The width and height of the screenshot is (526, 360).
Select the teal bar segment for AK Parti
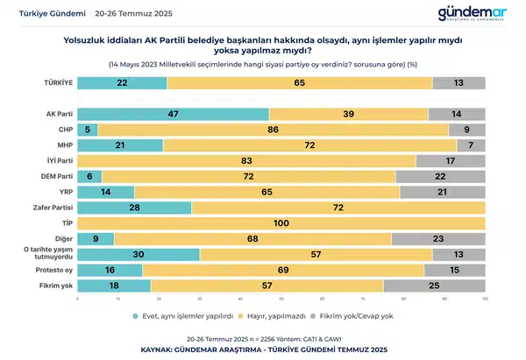[x=173, y=114]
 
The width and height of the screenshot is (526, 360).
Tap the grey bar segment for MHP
[x=471, y=145]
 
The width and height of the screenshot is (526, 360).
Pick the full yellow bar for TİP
[x=281, y=223]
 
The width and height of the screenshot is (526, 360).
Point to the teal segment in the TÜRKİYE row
[x=122, y=82]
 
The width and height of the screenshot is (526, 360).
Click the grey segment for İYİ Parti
[x=451, y=161]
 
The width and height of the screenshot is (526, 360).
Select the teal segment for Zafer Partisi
[x=134, y=208]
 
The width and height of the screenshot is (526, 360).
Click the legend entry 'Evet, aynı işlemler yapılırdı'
[x=184, y=315]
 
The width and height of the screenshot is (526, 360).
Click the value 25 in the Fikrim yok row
[x=434, y=286]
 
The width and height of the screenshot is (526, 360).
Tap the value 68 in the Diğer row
[x=252, y=238]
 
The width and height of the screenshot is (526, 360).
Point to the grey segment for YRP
[x=443, y=192]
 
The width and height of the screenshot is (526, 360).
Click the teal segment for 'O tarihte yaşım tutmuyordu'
[x=139, y=254]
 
